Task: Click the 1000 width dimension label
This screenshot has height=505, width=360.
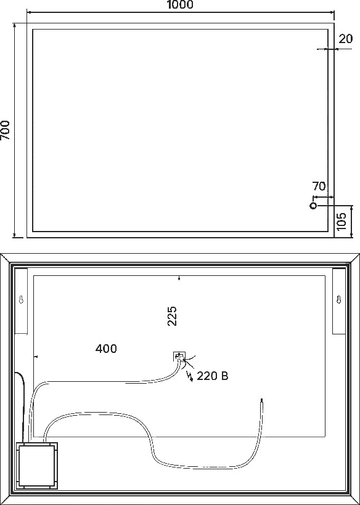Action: [x=180, y=4]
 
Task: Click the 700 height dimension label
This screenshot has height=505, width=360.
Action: [x=5, y=130]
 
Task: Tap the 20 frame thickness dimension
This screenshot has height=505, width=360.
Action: [x=346, y=39]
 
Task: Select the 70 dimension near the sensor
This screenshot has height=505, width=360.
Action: [x=319, y=186]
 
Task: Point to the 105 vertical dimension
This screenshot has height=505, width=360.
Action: [x=342, y=221]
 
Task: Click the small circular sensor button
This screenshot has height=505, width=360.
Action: [x=313, y=206]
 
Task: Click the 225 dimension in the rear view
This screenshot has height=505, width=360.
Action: [x=172, y=316]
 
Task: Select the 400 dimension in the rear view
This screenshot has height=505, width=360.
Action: [x=106, y=349]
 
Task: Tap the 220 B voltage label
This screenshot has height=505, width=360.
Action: [x=212, y=376]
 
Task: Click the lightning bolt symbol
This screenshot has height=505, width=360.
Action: [x=190, y=376]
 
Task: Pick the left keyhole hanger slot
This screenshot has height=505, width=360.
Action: [x=21, y=299]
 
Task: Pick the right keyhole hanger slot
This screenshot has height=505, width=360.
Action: [x=338, y=299]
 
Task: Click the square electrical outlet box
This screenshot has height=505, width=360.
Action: [x=179, y=357]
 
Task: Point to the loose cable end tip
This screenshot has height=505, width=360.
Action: [x=261, y=399]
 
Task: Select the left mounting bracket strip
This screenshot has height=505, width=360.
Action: [x=22, y=301]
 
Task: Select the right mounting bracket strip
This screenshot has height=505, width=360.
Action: [x=338, y=301]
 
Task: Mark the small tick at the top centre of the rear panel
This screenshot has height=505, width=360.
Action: [x=179, y=278]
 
